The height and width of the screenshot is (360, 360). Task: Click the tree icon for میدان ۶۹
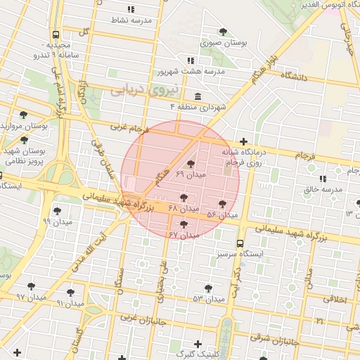coord(191,164)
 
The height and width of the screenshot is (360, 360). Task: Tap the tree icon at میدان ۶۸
coord(184,198)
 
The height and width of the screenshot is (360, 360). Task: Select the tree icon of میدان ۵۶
coord(222,204)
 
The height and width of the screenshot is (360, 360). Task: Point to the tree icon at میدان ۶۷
coord(184,224)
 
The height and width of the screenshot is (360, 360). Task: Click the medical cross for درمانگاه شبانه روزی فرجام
coord(243,141)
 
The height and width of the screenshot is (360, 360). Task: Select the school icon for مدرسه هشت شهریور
coord(191,60)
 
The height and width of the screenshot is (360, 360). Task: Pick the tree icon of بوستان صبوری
coord(224,32)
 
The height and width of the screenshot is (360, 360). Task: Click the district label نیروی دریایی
coord(138,89)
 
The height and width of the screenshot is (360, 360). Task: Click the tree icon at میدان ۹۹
coord(56,210)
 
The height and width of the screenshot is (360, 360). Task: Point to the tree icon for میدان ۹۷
coord(31,285)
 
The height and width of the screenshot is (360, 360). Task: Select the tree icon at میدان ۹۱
coord(70,292)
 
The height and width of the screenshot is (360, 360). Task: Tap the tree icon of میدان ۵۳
coord(208,288)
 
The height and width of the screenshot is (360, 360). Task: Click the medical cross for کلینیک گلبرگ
coord(198,344)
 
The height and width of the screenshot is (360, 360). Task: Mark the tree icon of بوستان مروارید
coord(24,115)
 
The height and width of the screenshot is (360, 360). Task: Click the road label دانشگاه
coord(295,75)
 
